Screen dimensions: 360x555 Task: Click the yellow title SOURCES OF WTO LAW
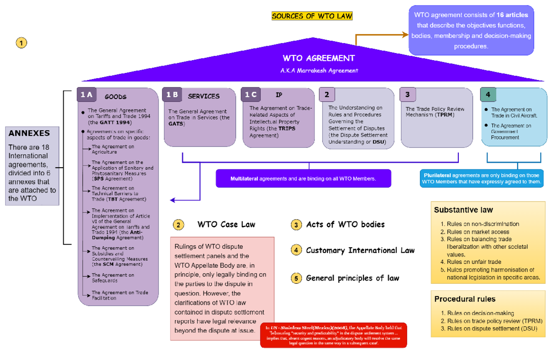point(312,16)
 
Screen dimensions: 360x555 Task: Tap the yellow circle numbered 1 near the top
point(21,43)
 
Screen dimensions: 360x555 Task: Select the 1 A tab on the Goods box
point(87,95)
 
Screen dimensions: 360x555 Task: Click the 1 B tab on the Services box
point(173,95)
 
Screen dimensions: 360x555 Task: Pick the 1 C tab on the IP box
point(251,95)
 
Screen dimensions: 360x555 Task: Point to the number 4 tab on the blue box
point(488,95)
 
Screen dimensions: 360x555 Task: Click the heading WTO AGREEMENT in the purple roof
point(319,58)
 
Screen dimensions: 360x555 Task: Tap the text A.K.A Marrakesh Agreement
point(319,71)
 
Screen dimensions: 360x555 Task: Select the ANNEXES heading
point(29,133)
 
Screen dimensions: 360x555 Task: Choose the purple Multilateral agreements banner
point(303,178)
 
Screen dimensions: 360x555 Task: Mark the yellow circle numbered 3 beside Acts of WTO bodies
point(296,225)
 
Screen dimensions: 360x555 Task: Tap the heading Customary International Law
point(360,250)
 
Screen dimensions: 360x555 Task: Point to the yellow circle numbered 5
point(296,278)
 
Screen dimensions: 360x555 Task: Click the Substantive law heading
point(463,210)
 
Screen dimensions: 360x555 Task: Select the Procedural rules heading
point(464,299)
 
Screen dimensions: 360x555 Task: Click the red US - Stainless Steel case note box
point(333,335)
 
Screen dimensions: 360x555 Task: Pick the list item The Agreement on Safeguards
point(113,278)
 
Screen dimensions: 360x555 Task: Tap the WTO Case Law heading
point(226,225)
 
